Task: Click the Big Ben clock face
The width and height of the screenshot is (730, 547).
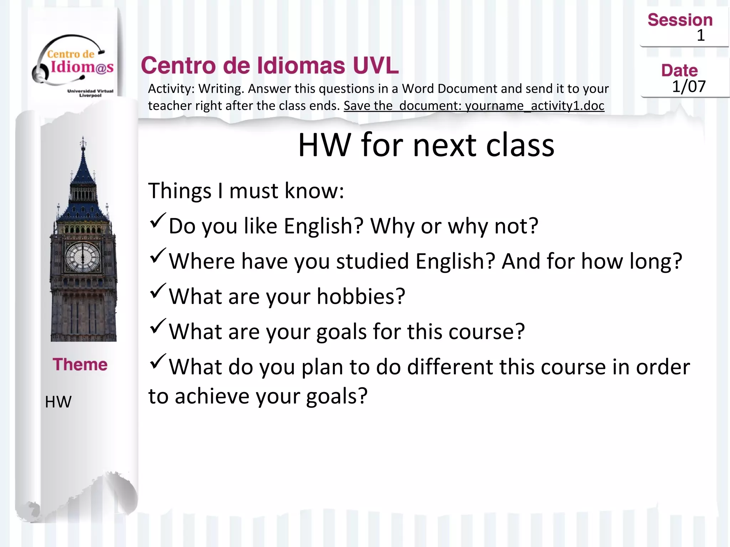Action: (x=83, y=257)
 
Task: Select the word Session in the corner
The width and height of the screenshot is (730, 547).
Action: (x=680, y=20)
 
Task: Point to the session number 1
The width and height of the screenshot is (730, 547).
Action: (x=700, y=35)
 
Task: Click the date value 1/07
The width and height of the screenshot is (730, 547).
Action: (x=689, y=87)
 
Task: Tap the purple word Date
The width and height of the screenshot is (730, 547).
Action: (x=679, y=71)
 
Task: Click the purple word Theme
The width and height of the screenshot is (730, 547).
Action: (x=80, y=364)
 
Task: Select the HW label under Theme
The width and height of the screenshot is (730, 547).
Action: (x=58, y=402)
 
